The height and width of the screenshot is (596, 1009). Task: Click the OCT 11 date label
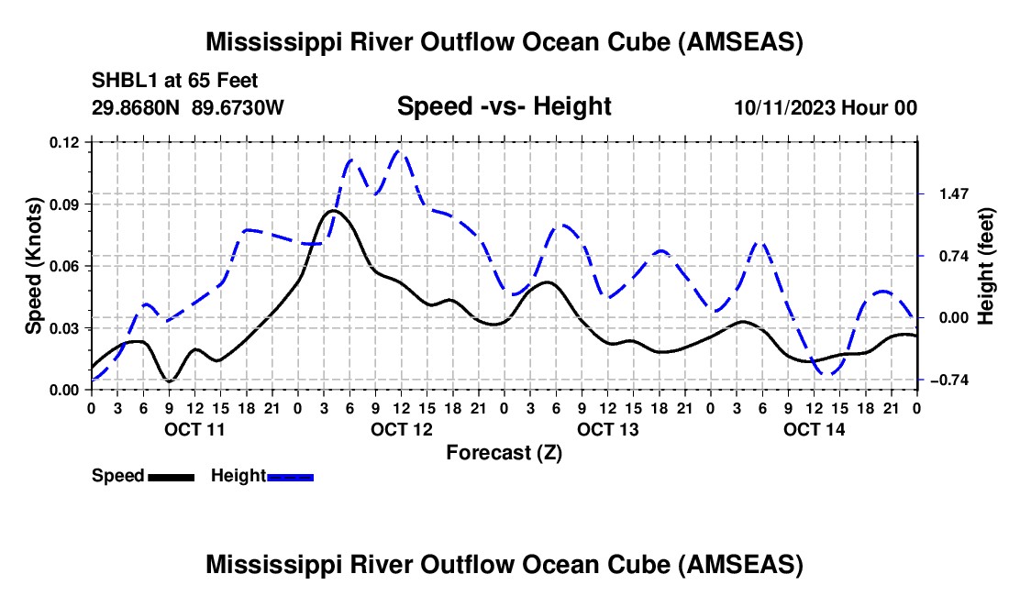coord(195,429)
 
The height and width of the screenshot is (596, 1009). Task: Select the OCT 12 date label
coord(402,429)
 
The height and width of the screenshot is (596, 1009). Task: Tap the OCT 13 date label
coord(608,429)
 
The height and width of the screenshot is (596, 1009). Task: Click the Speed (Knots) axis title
coord(34,266)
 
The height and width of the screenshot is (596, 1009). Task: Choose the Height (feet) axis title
coord(986,266)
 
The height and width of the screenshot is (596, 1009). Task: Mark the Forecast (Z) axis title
coord(504,452)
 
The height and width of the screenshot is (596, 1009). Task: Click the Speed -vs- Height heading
coord(504,106)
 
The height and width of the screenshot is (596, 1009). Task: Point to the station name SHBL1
coord(123,80)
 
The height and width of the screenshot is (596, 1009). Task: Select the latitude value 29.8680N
coord(137,107)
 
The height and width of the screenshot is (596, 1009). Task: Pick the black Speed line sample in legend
coord(170,477)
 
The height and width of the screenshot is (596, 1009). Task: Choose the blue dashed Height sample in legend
coord(290,477)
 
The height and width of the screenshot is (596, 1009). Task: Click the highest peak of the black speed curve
coord(332,211)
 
